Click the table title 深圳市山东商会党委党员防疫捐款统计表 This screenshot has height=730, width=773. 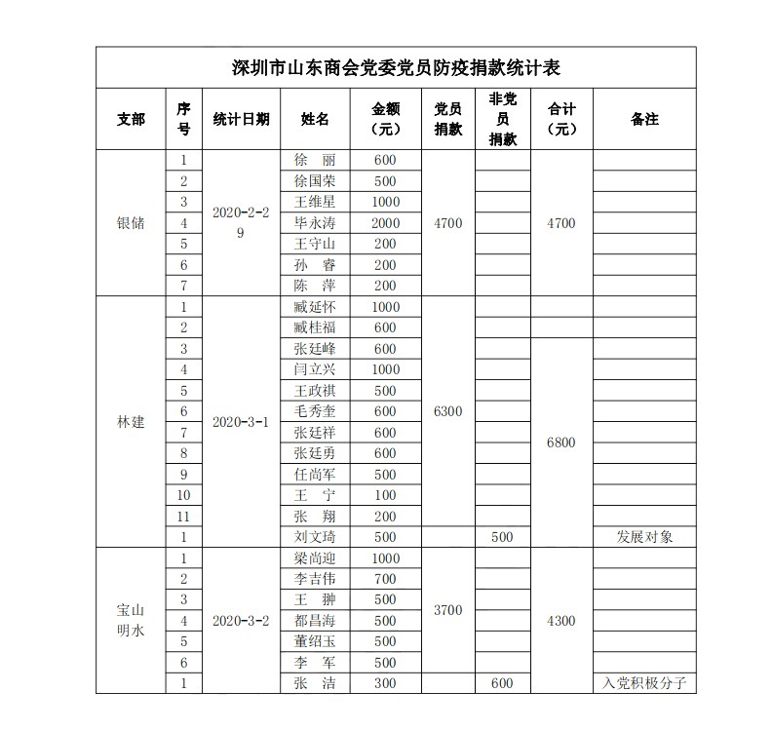(396, 68)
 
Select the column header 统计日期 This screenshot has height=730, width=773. (242, 119)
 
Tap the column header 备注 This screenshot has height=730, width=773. (644, 119)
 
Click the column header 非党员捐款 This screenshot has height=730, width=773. (503, 119)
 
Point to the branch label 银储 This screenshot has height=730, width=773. (131, 223)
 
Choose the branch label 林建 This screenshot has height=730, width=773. (131, 422)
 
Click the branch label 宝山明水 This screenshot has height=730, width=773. (131, 620)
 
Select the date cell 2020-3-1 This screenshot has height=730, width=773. (241, 422)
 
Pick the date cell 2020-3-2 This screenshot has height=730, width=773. (241, 621)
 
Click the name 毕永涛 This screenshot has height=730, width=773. (315, 223)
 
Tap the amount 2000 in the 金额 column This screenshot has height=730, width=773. (386, 223)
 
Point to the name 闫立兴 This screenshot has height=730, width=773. (315, 369)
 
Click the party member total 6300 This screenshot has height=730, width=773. (447, 411)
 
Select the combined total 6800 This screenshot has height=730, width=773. (561, 442)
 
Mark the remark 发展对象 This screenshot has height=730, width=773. (644, 537)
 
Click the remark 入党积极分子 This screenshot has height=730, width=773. (644, 683)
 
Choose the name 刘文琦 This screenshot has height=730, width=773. (315, 537)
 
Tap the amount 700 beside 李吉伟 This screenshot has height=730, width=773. (386, 579)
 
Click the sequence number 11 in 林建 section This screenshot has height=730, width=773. (183, 516)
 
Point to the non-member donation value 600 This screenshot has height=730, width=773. (503, 683)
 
